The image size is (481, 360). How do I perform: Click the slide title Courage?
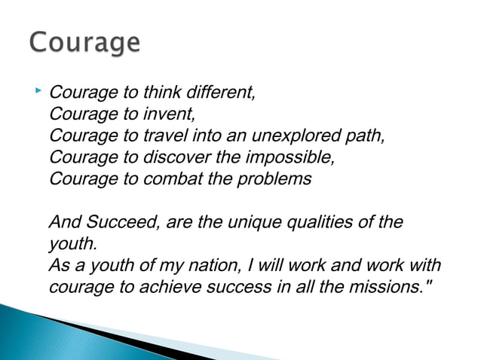[84, 42]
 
